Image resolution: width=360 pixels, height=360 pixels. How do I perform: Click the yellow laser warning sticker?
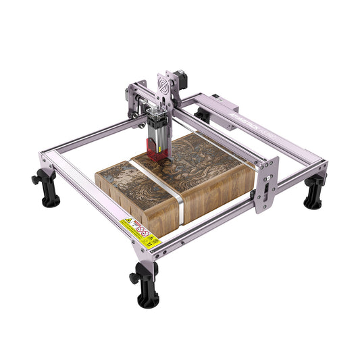pyautogui.click(x=137, y=230)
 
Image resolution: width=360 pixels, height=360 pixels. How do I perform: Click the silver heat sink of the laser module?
pyautogui.click(x=161, y=122)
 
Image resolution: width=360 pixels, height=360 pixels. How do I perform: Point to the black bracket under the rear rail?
pyautogui.click(x=201, y=115)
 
